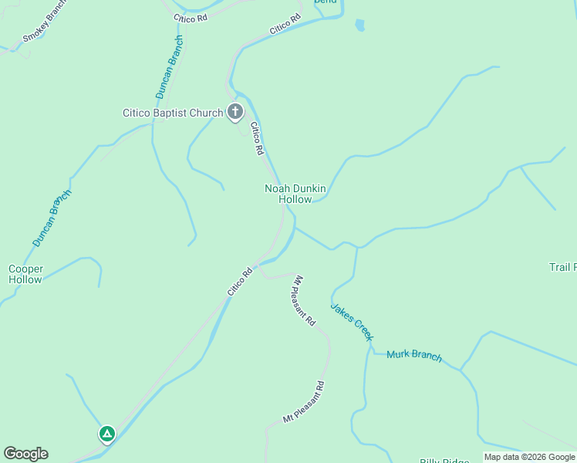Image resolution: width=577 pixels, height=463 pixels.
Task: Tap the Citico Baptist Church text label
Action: pos(172,113)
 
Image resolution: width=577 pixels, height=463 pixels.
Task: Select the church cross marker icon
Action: pos(235,113)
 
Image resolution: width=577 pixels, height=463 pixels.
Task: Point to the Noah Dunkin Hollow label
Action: pos(295,194)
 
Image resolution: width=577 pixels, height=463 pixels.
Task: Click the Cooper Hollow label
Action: pos(25,274)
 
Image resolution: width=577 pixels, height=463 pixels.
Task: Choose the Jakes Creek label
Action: pos(353,321)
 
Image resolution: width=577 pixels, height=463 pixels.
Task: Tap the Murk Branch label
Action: pos(414,355)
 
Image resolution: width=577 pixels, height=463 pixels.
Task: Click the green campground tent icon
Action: pos(106,434)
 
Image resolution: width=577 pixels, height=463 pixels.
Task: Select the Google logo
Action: pos(25,454)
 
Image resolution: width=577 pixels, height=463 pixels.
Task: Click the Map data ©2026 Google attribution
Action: pos(529,457)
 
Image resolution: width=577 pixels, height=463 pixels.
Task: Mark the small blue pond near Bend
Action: pos(359,25)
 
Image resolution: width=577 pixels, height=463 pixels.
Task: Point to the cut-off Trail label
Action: pos(562,267)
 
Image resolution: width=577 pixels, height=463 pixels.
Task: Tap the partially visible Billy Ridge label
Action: pos(444,461)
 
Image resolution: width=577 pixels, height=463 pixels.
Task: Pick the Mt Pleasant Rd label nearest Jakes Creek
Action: pos(305,300)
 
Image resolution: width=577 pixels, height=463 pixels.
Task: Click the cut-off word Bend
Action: pos(326,2)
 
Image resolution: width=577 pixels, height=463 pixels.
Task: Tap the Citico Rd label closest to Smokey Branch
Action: pos(191,16)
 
